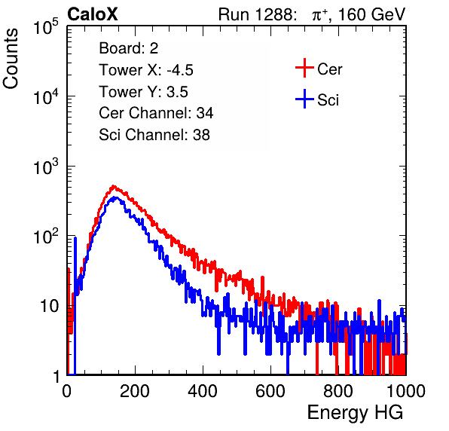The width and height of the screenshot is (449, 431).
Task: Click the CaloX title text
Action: [93, 14]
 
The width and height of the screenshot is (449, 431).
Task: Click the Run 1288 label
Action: [257, 14]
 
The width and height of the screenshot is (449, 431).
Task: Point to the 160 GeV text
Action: [371, 14]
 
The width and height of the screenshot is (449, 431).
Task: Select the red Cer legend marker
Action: [304, 68]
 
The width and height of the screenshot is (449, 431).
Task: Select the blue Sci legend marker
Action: [304, 99]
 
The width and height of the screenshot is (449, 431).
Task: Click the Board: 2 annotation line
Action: [129, 48]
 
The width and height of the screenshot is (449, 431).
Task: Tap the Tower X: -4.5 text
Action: [146, 70]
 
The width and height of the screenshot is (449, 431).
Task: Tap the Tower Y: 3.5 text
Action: [143, 92]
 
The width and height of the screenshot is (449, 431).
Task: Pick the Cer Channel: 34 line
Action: [156, 113]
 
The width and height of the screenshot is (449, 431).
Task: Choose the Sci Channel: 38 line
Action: [154, 135]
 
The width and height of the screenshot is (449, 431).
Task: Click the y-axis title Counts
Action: [11, 59]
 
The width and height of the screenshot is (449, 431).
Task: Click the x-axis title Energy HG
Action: [355, 413]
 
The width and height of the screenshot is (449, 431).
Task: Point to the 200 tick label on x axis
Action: [135, 390]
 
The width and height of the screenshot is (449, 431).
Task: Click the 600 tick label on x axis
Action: [270, 390]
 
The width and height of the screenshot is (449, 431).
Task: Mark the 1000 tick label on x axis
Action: [405, 390]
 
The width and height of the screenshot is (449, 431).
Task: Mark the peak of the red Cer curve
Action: [114, 186]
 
